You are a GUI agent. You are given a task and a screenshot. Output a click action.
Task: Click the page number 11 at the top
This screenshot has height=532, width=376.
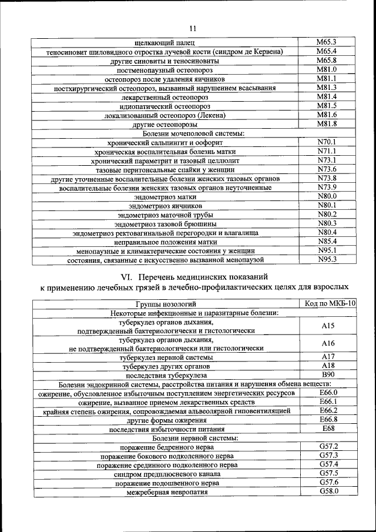(x=193, y=29)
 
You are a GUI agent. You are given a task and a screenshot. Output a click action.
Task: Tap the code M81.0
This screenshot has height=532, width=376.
(x=326, y=69)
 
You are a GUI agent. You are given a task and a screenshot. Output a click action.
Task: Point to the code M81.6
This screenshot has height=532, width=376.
(x=326, y=115)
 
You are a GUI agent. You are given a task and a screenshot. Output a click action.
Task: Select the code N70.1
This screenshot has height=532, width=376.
(x=326, y=142)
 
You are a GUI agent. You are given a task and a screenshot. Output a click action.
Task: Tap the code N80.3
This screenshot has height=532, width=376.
(x=326, y=223)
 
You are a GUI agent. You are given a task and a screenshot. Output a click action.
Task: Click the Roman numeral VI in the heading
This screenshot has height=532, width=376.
(x=126, y=276)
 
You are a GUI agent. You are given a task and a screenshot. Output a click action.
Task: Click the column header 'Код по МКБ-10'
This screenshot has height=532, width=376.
(x=331, y=303)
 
